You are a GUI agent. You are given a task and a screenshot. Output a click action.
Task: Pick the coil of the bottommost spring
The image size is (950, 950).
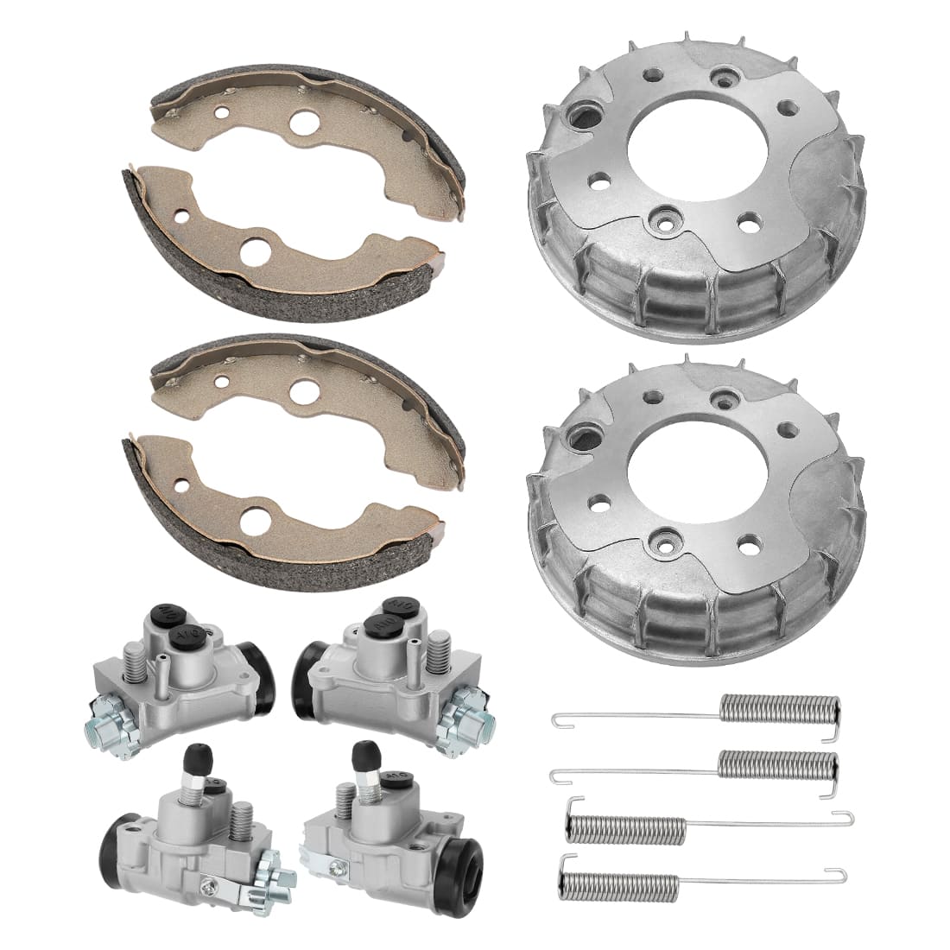point(622,880)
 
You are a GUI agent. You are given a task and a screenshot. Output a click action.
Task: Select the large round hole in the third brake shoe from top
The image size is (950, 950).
point(303,389)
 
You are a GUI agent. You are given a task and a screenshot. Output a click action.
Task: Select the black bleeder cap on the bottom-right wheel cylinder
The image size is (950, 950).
point(360,760)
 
